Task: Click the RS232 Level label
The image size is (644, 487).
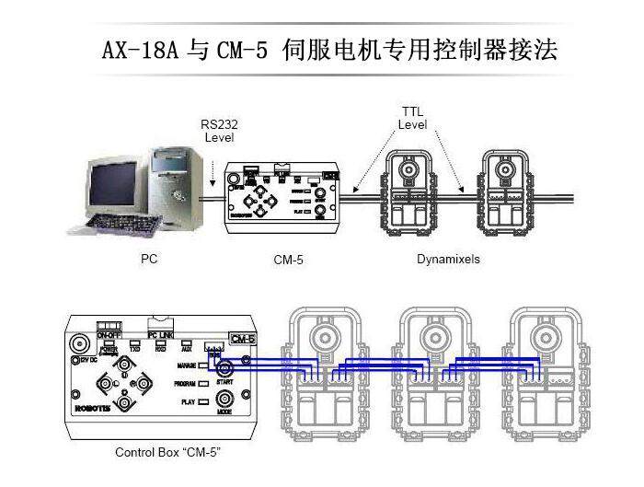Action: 219,130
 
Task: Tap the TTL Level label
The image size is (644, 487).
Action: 411,117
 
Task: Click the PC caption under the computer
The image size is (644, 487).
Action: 149,260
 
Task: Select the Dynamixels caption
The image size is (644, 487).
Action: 449,260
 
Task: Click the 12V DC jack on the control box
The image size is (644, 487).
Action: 80,345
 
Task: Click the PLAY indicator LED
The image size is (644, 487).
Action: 203,401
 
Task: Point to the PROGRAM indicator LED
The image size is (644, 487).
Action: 203,383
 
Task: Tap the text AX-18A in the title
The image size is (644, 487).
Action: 144,48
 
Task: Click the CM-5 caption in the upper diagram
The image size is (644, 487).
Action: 288,261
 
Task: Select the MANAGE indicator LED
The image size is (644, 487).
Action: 203,365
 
